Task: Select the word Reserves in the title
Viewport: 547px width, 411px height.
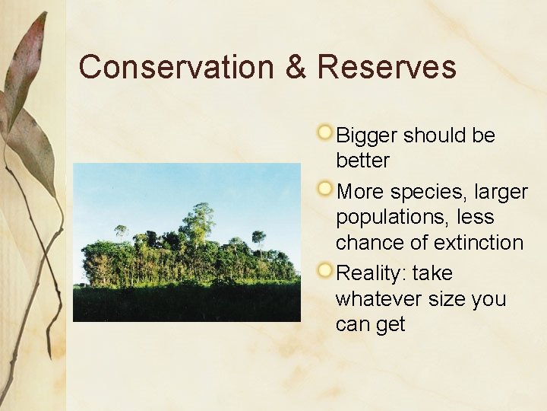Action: click(x=387, y=67)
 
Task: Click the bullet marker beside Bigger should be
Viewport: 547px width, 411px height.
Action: click(x=325, y=133)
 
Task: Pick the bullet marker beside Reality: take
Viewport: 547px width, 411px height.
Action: click(x=325, y=270)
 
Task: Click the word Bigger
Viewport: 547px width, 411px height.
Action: click(x=367, y=136)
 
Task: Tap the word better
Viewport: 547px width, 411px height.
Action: click(x=362, y=161)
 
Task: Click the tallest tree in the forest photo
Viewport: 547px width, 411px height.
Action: click(x=201, y=221)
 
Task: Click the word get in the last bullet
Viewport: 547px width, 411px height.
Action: click(x=390, y=325)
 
